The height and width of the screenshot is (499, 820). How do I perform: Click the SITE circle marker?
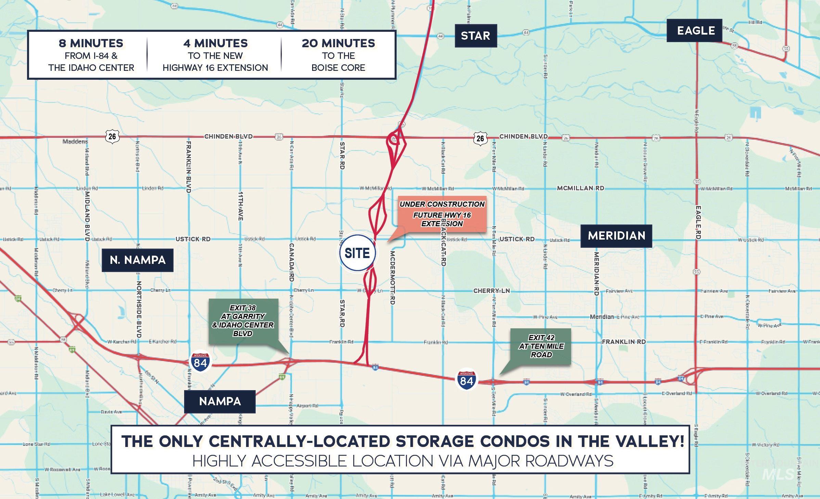coord(357,253)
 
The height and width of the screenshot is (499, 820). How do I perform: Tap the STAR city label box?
coord(475,36)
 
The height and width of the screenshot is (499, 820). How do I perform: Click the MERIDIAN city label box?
coord(616,236)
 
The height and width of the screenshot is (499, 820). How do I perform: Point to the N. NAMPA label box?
coord(138,260)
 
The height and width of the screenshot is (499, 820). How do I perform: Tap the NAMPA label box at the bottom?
coord(220,401)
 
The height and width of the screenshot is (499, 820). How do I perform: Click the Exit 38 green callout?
coord(243,321)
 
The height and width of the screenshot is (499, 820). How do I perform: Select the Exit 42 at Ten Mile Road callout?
coord(541,346)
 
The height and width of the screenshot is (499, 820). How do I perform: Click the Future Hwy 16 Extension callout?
coord(442,214)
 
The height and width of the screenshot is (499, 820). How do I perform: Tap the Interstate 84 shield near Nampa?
coord(200,361)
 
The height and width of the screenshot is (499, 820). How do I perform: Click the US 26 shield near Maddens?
coord(112,136)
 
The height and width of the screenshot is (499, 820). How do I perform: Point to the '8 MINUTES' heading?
coord(91,43)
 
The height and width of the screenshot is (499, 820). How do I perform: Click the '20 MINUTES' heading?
coord(338,43)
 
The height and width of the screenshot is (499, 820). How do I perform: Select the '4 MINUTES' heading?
coord(215,43)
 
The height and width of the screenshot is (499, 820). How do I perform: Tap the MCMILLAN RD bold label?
coord(580,188)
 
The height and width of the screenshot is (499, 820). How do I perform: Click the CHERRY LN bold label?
coord(491,291)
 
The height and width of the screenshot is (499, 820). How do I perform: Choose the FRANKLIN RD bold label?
coord(624,342)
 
